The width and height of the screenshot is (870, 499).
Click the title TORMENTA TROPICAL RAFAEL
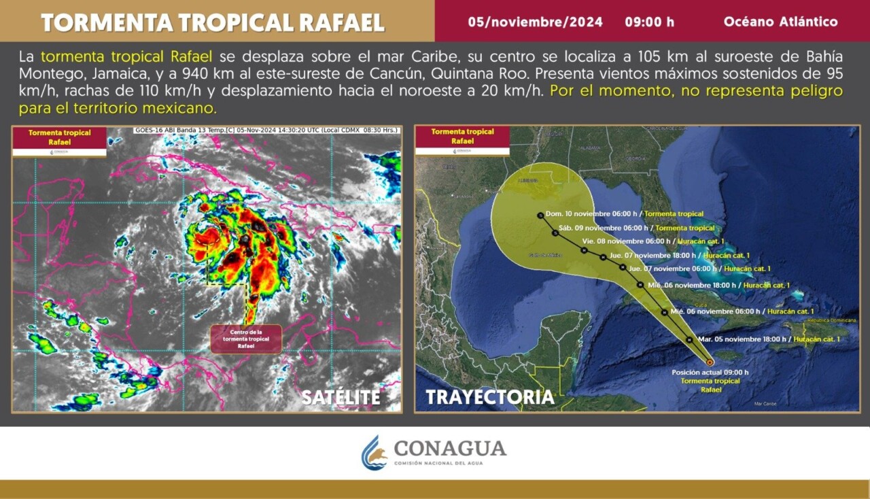coord(213,22)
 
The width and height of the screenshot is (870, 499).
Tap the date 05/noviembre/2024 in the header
coord(535,22)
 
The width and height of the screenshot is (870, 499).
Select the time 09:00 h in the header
coord(649,22)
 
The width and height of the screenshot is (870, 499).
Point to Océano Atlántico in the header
coord(780,22)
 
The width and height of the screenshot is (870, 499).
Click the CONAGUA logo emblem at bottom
coord(374,453)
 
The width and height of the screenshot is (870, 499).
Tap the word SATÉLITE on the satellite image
coord(341,398)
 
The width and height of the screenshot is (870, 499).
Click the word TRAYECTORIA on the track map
coord(490,397)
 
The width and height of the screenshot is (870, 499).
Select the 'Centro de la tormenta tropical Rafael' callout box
coord(246,339)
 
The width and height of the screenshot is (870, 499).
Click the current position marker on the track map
coord(710,362)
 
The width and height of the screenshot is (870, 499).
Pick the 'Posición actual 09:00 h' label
coord(710,372)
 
